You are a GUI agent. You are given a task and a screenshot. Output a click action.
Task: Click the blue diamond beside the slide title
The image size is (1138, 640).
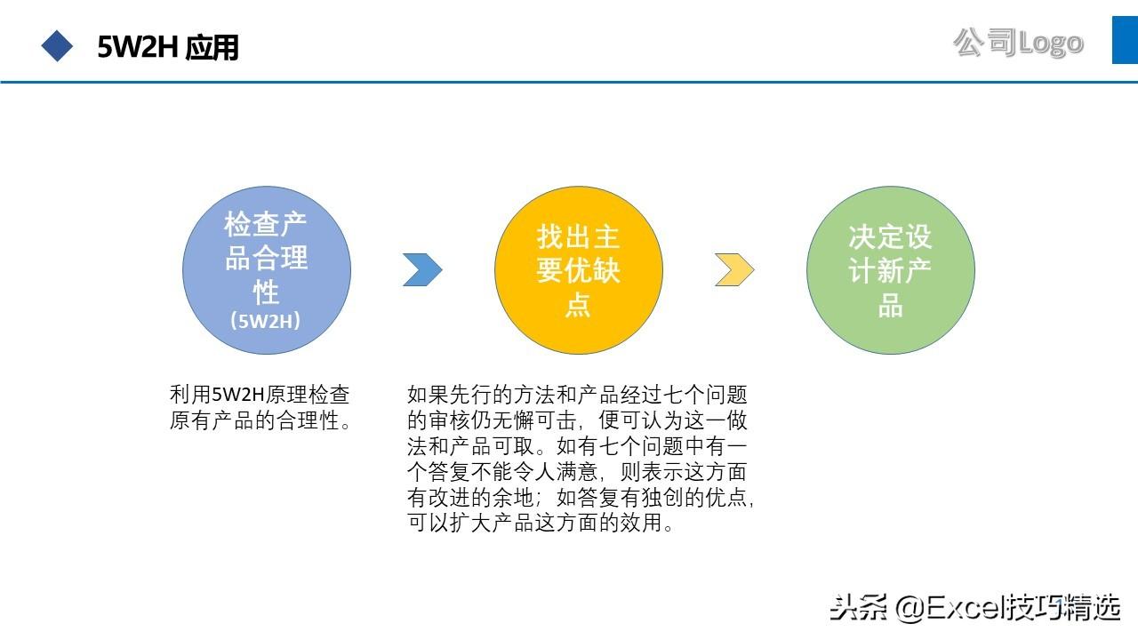click(58, 46)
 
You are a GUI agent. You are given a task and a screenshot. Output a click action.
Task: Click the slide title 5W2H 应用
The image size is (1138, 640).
click(168, 47)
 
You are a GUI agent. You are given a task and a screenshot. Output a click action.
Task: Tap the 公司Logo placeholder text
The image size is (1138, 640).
click(1018, 42)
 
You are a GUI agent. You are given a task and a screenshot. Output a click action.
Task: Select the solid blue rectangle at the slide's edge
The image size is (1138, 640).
click(1125, 40)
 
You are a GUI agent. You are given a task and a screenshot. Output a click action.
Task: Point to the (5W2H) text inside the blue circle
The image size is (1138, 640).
click(266, 321)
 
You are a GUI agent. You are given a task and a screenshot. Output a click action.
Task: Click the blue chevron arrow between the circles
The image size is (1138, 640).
click(422, 270)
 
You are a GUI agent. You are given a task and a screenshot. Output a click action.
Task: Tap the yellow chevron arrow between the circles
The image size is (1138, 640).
click(734, 270)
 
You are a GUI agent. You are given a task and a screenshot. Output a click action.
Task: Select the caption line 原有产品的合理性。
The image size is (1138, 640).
click(260, 420)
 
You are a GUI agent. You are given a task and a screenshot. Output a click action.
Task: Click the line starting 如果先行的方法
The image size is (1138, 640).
click(577, 395)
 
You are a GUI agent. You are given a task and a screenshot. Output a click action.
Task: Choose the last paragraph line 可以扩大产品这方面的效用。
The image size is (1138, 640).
click(541, 524)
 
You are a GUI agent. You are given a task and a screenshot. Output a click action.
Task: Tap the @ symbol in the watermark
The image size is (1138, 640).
click(910, 608)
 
